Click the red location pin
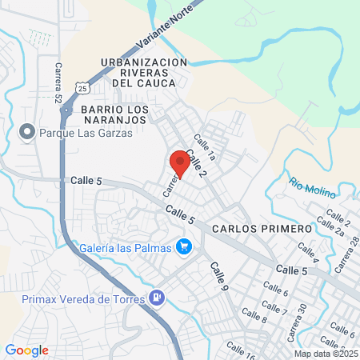click(180, 164)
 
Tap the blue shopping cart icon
click(184, 247)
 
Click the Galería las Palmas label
click(126, 247)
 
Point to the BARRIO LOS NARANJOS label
click(114, 113)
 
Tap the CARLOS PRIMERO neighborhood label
click(262, 229)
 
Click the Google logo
click(26, 350)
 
